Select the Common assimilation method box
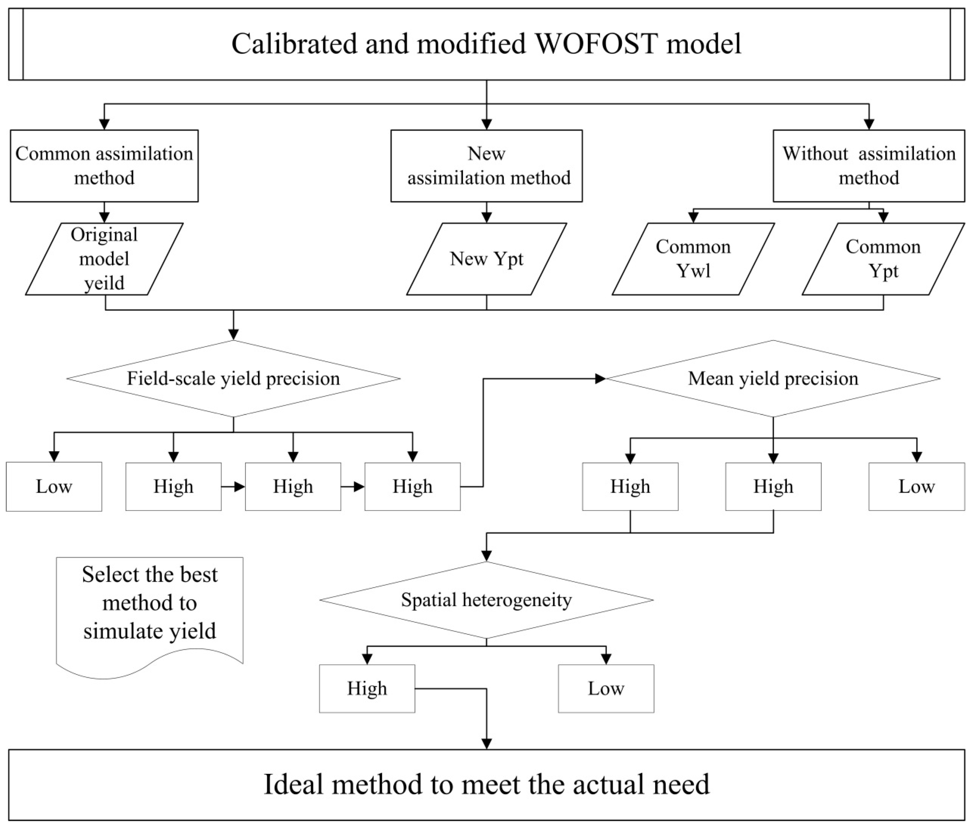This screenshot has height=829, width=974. [x=104, y=166]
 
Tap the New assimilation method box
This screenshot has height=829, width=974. [x=486, y=166]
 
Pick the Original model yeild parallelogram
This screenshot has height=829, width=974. [x=104, y=259]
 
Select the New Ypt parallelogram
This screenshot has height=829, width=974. [x=486, y=259]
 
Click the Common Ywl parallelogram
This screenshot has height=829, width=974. [x=693, y=259]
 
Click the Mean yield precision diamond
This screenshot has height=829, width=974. [x=773, y=378]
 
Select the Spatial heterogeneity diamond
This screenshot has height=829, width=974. [x=486, y=600]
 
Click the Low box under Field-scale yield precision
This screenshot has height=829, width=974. [x=54, y=486]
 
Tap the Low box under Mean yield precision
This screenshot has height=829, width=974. [x=916, y=486]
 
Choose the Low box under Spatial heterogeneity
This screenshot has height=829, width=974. [x=606, y=688]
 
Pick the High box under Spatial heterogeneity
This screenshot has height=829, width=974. [x=367, y=688]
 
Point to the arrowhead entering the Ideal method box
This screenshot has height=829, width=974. [x=486, y=743]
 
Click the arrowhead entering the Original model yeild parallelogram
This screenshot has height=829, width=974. [x=104, y=217]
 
